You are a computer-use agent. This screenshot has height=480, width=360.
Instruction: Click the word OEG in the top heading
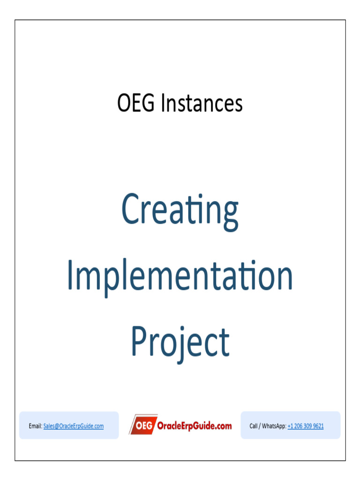click(x=136, y=103)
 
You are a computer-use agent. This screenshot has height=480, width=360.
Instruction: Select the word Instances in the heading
click(x=202, y=103)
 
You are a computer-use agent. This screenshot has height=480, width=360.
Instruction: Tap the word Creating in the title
click(x=180, y=211)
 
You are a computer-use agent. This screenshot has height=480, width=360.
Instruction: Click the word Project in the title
click(x=180, y=345)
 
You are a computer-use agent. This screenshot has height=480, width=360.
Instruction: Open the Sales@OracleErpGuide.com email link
click(x=74, y=426)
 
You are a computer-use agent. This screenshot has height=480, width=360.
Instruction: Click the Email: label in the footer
click(x=36, y=426)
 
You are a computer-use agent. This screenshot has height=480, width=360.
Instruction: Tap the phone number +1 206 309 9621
click(x=306, y=426)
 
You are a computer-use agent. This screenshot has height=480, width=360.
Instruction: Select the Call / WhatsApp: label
click(x=268, y=426)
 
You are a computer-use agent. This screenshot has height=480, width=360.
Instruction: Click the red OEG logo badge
click(x=143, y=425)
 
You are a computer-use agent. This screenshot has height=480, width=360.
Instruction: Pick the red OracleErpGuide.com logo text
click(x=195, y=426)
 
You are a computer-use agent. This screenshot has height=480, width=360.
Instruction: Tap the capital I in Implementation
click(x=70, y=275)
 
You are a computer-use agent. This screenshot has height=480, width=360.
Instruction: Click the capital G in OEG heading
click(x=148, y=103)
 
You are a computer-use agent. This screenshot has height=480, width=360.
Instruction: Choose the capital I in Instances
click(x=163, y=103)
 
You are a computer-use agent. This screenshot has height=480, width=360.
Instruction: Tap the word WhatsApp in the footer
click(x=274, y=426)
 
